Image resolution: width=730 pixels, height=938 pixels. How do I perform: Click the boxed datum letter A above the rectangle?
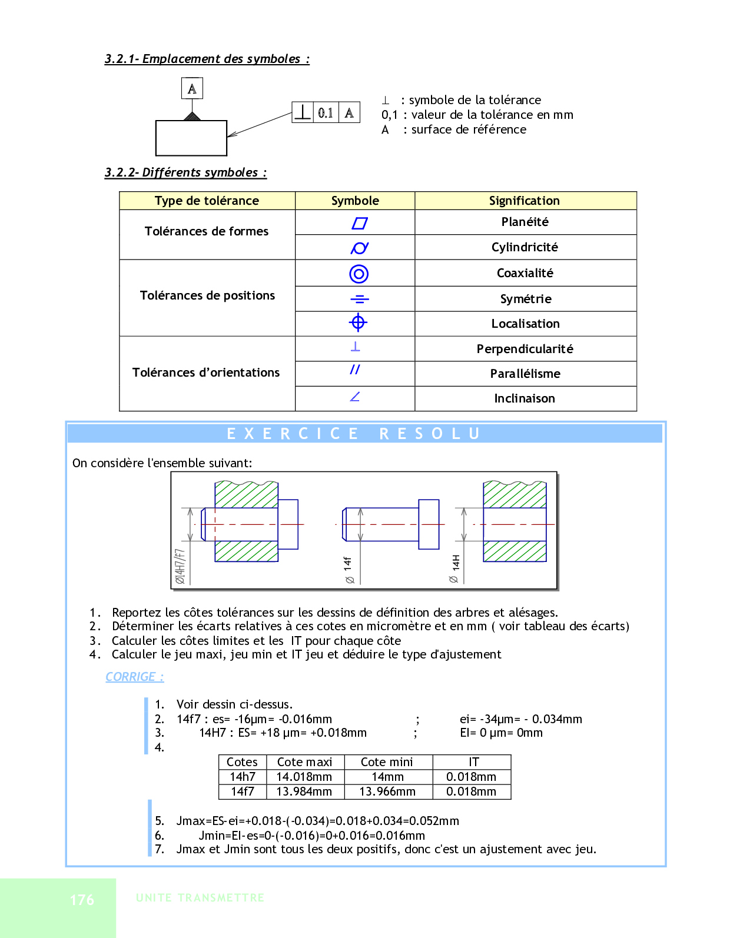tap(192, 89)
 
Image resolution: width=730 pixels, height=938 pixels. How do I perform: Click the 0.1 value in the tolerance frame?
tap(326, 112)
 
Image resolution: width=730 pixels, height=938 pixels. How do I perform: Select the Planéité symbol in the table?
tap(359, 223)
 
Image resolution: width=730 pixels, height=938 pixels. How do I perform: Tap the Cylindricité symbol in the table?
tap(359, 248)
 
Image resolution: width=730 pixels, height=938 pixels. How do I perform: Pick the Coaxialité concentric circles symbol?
tap(359, 274)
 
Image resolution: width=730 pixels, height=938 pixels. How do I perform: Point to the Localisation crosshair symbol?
tap(358, 322)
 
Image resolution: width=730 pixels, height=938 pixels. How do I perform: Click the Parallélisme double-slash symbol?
tap(354, 370)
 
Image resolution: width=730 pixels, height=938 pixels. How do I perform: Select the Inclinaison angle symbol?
tap(354, 397)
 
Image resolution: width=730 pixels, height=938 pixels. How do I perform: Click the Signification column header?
tap(524, 201)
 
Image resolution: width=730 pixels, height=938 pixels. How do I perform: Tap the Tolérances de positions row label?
tap(207, 295)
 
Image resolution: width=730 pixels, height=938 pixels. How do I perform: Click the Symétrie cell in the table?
tap(525, 299)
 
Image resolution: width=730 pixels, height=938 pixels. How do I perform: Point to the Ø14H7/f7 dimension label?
tap(180, 566)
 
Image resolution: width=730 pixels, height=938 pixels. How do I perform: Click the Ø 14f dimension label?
tap(349, 570)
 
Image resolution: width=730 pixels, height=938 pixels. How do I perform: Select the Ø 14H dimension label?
tap(454, 568)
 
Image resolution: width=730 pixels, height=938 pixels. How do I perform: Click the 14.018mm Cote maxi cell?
tap(304, 777)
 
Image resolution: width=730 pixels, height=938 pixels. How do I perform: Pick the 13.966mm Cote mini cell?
tap(387, 791)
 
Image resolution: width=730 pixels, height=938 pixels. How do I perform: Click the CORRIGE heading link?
tap(134, 677)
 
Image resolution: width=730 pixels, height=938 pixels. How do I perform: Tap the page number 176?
tap(82, 900)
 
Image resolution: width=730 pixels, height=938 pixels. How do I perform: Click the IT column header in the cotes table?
tap(473, 762)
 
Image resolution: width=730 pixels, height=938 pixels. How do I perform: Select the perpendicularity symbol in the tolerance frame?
tap(303, 112)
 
